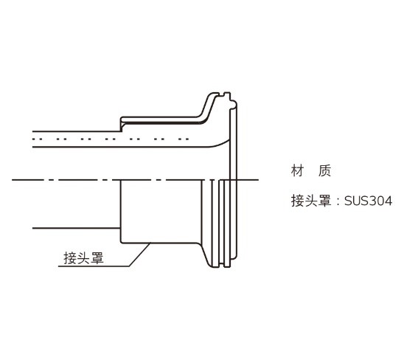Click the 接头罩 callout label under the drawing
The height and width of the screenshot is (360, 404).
click(83, 257)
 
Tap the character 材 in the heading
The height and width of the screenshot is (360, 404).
click(297, 170)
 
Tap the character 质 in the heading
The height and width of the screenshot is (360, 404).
click(324, 170)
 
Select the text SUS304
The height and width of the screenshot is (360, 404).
click(368, 201)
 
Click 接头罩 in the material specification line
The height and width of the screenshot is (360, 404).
click(311, 201)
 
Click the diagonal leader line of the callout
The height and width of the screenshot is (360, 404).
click(139, 255)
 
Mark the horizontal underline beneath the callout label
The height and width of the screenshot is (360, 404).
click(94, 266)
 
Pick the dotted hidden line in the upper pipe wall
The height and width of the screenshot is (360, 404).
click(111, 139)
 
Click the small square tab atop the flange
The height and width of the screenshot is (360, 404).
click(227, 95)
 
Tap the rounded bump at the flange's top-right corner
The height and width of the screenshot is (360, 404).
click(234, 104)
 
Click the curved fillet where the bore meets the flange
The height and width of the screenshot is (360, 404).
click(220, 143)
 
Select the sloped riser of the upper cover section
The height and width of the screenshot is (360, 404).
click(207, 107)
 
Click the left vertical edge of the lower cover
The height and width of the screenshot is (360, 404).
click(121, 212)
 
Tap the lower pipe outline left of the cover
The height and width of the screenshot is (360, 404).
click(76, 228)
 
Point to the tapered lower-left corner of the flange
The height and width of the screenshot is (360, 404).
click(206, 255)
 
